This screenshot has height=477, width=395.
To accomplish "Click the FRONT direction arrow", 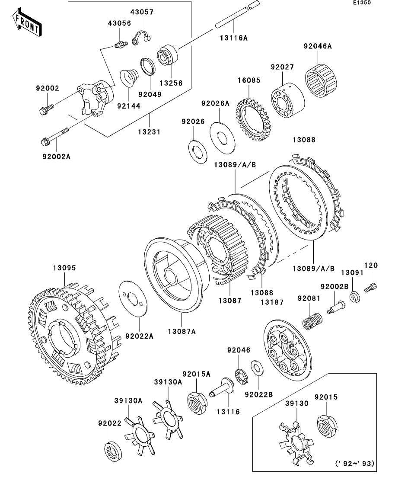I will pos(27,23).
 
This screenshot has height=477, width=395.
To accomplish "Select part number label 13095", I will pos(64,268).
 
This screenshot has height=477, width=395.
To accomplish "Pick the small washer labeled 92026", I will pos(198,151).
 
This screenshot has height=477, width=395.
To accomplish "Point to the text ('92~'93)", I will pos(354,463).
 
